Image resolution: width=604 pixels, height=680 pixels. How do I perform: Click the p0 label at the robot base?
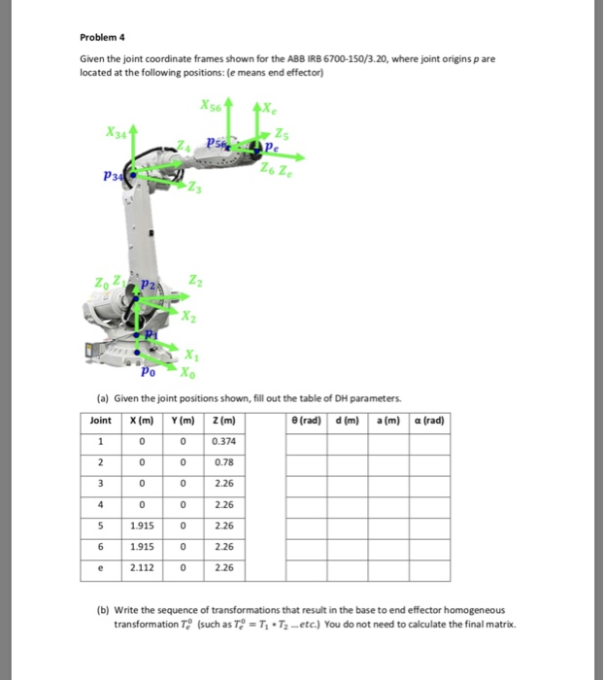(147, 371)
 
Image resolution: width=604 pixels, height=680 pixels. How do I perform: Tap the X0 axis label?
(187, 371)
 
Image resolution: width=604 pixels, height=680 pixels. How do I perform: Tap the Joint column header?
(100, 420)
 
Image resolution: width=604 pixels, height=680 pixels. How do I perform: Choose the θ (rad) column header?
(310, 420)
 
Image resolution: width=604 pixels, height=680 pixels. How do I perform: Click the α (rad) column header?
(427, 420)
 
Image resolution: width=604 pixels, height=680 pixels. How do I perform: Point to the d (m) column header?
(350, 420)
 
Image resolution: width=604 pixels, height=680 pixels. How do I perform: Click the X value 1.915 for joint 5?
(143, 526)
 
